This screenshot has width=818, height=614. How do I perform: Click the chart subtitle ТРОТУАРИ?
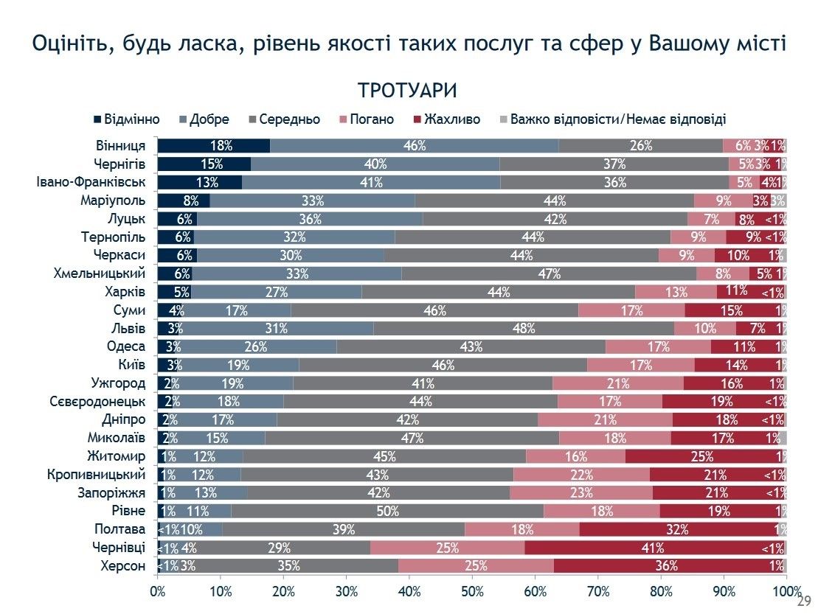(407, 90)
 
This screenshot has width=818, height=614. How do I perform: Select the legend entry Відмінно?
(125, 119)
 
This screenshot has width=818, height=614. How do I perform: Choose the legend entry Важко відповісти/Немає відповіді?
(612, 119)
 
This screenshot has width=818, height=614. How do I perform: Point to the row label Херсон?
(122, 566)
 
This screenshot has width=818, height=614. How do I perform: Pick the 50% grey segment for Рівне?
(387, 511)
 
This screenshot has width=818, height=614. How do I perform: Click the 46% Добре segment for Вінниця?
(414, 146)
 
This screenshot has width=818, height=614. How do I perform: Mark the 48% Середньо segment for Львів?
(524, 328)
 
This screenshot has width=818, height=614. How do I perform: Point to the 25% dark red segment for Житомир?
(701, 456)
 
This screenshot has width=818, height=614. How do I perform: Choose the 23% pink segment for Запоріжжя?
(580, 492)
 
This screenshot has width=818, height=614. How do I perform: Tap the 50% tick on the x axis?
(472, 590)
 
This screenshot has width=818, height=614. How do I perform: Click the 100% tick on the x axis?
(786, 590)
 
